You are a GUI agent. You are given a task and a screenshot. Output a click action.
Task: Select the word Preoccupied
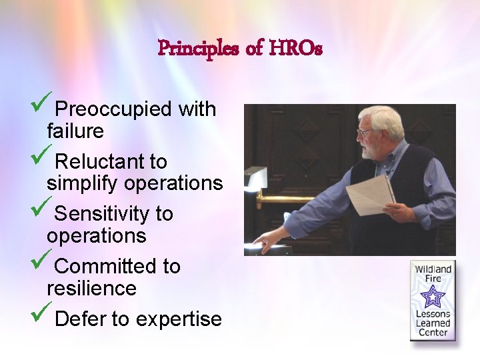pyautogui.click(x=113, y=109)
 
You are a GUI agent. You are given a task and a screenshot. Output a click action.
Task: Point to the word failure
pyautogui.click(x=75, y=131)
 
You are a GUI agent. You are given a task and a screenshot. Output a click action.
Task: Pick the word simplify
pyautogui.click(x=83, y=183)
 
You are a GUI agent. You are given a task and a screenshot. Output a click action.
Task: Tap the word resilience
pyautogui.click(x=91, y=289)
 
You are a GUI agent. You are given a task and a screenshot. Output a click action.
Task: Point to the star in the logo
pyautogui.click(x=433, y=295)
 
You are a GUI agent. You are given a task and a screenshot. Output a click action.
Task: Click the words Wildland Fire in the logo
pyautogui.click(x=433, y=275)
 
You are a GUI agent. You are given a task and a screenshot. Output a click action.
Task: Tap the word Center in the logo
pyautogui.click(x=433, y=333)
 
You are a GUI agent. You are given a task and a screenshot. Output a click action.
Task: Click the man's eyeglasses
pyautogui.click(x=365, y=132)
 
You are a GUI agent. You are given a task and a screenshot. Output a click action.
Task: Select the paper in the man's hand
pyautogui.click(x=371, y=193)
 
